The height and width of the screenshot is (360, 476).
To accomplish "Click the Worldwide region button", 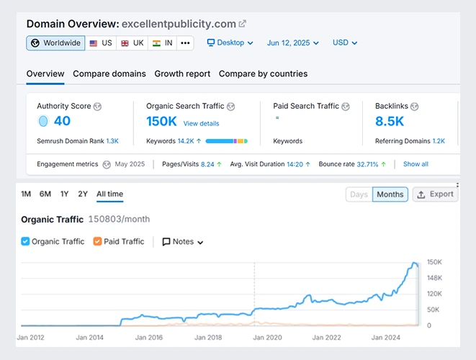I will click(x=55, y=43).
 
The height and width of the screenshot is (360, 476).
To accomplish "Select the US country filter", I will click(x=100, y=43).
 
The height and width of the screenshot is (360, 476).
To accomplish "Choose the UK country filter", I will click(x=132, y=43).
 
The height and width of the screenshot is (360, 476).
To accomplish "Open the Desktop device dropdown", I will click(x=230, y=43).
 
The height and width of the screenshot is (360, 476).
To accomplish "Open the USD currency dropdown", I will click(x=344, y=43).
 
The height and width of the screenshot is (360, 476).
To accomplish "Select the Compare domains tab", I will click(x=109, y=73).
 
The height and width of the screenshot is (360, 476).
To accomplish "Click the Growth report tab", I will click(x=182, y=73).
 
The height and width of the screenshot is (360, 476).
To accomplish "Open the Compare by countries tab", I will click(x=263, y=73).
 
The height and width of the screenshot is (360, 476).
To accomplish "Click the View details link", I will click(x=201, y=124).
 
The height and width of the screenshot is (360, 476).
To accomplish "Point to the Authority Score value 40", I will click(x=62, y=121).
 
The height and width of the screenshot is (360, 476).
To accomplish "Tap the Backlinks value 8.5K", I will click(x=390, y=121).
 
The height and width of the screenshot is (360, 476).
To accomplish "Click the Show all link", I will click(x=416, y=164).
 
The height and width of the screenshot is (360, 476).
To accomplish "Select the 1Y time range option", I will click(x=65, y=194).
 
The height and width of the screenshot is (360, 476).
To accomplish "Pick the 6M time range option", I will click(x=45, y=194).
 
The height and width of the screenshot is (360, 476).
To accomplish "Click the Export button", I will click(x=435, y=194).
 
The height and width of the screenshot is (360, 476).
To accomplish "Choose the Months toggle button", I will click(x=390, y=194).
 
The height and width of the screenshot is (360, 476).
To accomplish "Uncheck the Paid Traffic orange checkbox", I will click(x=98, y=242).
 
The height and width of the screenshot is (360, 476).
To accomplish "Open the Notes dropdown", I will click(x=183, y=242).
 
